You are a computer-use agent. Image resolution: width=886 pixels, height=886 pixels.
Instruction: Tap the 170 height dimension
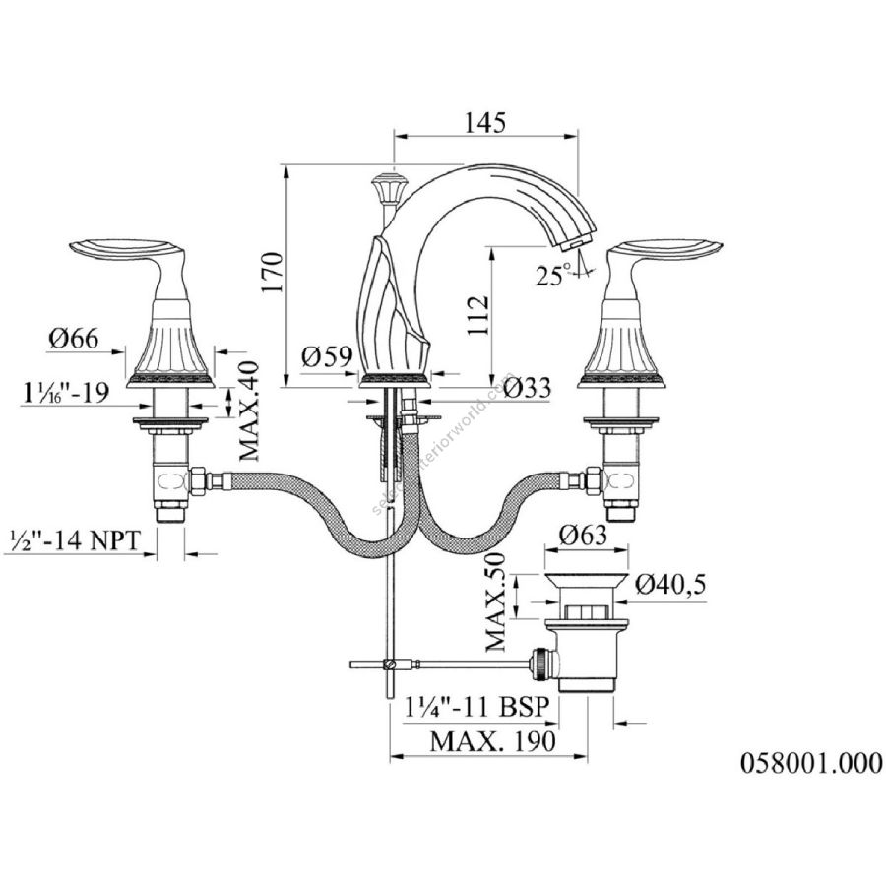tap(272, 273)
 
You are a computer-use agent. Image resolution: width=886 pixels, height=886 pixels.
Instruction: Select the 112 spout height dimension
tap(477, 315)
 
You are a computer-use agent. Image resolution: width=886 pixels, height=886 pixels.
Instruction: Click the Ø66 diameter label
tap(74, 338)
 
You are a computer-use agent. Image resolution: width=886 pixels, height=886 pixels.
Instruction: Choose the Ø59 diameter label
tap(327, 356)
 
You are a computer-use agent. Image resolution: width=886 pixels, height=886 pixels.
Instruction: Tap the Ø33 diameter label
tap(526, 388)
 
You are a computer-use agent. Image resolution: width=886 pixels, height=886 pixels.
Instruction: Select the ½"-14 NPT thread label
tap(75, 540)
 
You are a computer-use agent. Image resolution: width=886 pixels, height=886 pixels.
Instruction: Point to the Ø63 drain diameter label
tap(583, 534)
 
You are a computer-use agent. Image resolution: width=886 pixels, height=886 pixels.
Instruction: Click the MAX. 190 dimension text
tap(493, 740)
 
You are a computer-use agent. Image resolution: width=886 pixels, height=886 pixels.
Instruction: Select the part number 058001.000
tap(811, 763)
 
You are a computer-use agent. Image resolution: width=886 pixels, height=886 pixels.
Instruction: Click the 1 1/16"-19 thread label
tap(66, 392)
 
